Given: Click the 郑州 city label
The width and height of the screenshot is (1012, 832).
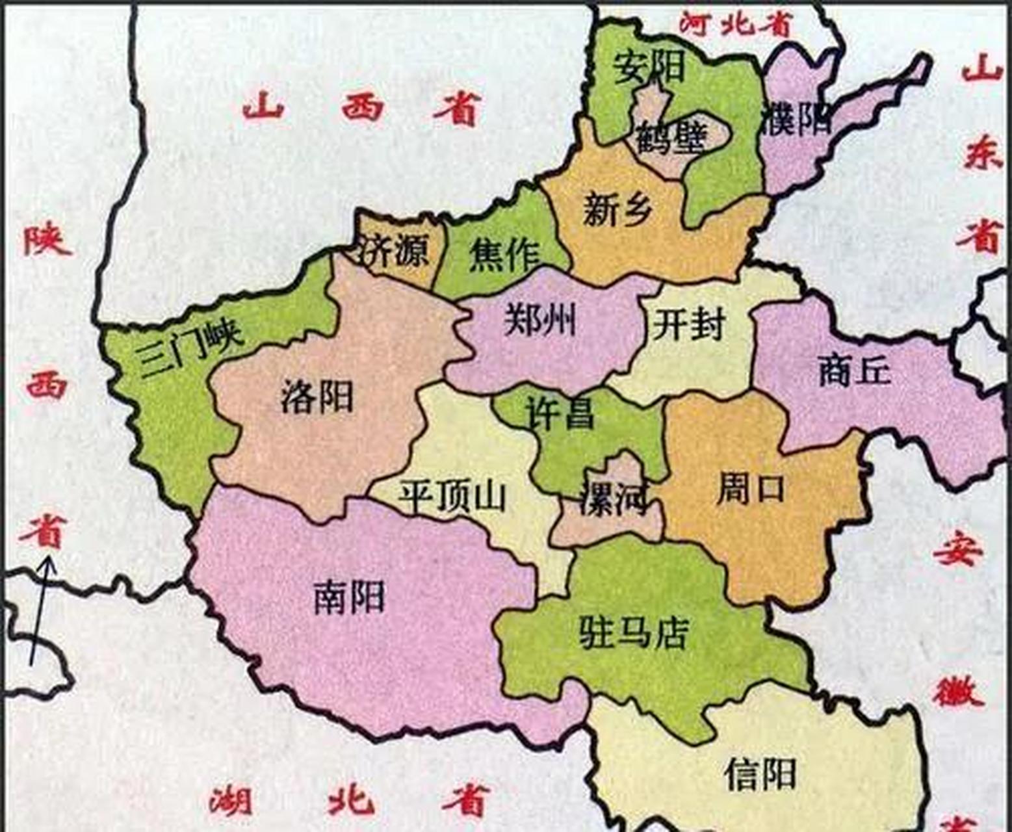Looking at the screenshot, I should click(540, 319).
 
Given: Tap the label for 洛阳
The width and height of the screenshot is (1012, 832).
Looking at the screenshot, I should click(317, 396).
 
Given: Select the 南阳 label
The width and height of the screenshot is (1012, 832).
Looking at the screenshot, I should click(349, 597).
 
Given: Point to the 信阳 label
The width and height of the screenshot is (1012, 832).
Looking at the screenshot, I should click(760, 773).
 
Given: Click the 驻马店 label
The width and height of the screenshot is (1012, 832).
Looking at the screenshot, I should click(633, 632).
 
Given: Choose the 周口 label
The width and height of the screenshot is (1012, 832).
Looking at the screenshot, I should click(751, 489).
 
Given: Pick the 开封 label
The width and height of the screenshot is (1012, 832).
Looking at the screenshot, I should click(688, 324).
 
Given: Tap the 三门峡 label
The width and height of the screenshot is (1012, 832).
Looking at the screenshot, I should click(191, 348).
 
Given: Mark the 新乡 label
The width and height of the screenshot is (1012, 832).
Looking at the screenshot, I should click(617, 209).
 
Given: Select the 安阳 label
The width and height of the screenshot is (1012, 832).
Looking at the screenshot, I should click(649, 67).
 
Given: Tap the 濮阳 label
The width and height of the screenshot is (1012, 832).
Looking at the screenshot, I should click(797, 119).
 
